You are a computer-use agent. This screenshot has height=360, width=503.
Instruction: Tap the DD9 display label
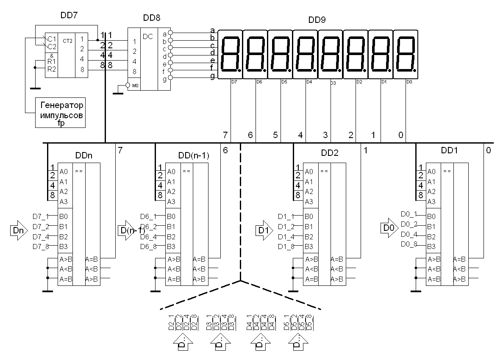[x=317, y=19]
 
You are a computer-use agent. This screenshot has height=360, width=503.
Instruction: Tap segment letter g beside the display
[x=212, y=76]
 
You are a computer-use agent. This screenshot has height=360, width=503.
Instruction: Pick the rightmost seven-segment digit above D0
[x=406, y=54]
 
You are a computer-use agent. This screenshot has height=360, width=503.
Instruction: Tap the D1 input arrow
[x=264, y=230]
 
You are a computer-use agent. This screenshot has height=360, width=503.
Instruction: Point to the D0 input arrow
[x=389, y=228]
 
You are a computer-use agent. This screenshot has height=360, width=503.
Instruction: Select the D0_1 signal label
[x=409, y=214]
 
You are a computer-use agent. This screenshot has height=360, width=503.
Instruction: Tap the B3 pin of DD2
[x=309, y=246]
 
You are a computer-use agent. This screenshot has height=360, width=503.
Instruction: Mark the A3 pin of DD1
[x=431, y=202]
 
